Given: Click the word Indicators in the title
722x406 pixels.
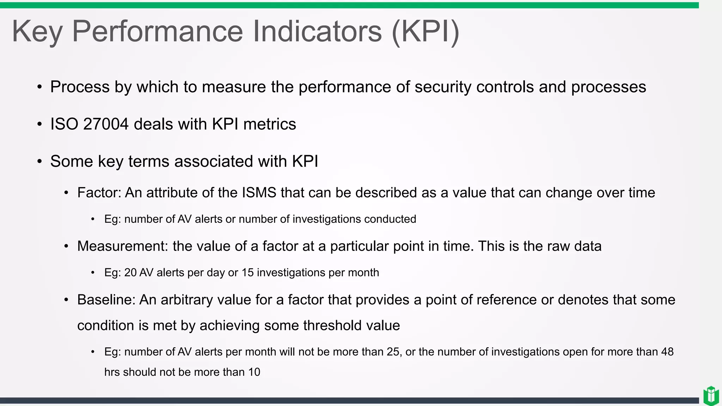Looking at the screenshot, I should (317, 31).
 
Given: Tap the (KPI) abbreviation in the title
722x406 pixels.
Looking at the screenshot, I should (425, 31).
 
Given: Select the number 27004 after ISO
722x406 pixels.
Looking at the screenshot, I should (106, 124).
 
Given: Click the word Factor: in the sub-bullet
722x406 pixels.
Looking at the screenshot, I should (99, 193).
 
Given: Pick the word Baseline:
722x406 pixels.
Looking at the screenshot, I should (106, 300).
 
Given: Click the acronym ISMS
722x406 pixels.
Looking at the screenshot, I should (259, 193).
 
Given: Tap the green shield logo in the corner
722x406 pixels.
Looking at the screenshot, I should (711, 395).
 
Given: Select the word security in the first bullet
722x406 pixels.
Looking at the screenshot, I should (443, 87).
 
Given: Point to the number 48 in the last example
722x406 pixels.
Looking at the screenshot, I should (667, 352).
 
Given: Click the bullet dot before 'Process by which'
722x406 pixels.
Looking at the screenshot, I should (39, 87).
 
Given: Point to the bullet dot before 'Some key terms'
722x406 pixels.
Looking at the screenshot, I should (39, 161).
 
